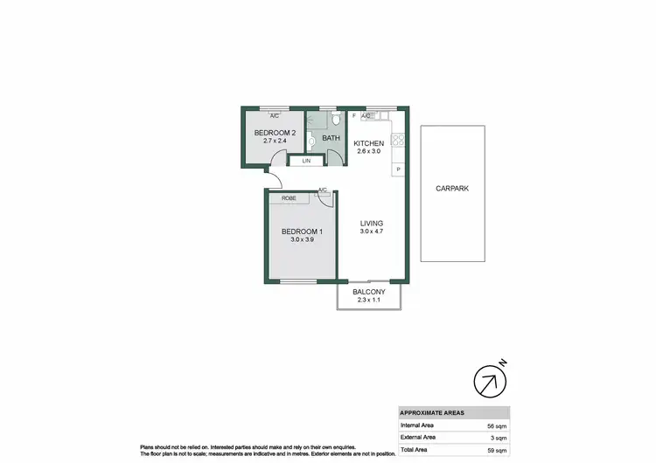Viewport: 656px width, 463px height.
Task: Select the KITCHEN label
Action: [369, 142]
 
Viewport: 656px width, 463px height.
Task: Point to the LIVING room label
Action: [372, 224]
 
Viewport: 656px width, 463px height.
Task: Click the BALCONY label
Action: [369, 294]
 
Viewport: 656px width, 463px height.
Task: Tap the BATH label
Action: [331, 138]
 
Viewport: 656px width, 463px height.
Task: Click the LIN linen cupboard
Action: [306, 162]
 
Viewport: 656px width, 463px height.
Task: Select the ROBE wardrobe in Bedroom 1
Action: [288, 198]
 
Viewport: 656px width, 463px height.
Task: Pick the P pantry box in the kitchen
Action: [399, 169]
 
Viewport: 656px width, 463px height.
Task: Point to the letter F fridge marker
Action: [353, 115]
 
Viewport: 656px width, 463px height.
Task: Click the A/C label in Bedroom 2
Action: [274, 115]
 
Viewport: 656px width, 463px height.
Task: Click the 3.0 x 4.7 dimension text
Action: [372, 232]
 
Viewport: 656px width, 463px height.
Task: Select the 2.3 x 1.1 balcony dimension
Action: [369, 302]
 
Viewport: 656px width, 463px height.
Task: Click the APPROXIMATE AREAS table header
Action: [432, 412]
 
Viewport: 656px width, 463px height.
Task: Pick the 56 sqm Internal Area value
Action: [495, 425]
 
